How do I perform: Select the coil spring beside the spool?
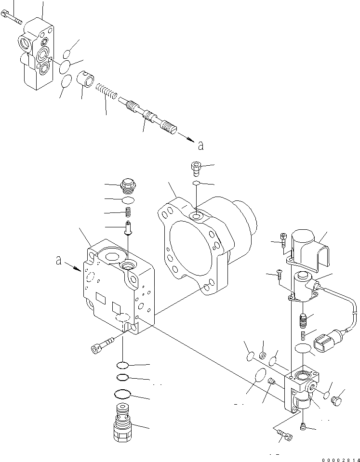tap(106, 91)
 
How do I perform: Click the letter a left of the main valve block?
tap(58, 261)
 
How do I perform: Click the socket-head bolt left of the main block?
tap(100, 345)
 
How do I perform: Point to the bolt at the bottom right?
tap(285, 436)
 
